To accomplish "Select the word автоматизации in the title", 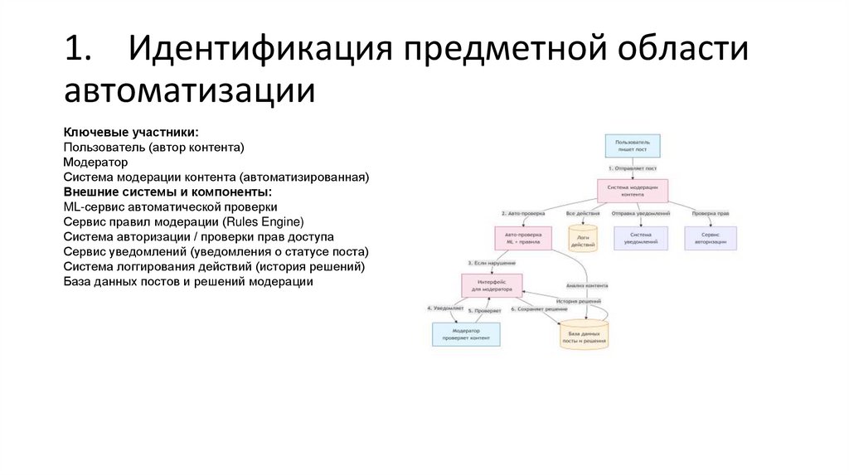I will pos(189,90).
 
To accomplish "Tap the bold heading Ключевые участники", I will pos(131,133).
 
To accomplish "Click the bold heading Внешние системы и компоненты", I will pos(167,192).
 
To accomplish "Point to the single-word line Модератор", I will pos(95,163).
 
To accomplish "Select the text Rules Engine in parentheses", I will pos(264,221).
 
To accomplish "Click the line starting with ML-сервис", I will pos(170,206).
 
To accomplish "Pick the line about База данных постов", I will pos(187,281).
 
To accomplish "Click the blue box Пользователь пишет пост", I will pos(632,147).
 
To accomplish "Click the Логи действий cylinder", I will pos(581,239).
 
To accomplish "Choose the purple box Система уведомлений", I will pos(640,239).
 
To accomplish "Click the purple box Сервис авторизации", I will pos(710,239).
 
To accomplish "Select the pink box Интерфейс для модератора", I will pos(492,286).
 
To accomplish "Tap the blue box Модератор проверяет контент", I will pos(466,333).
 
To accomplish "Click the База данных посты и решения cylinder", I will pos(585,335).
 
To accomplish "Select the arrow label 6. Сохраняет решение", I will pos(539,308).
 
